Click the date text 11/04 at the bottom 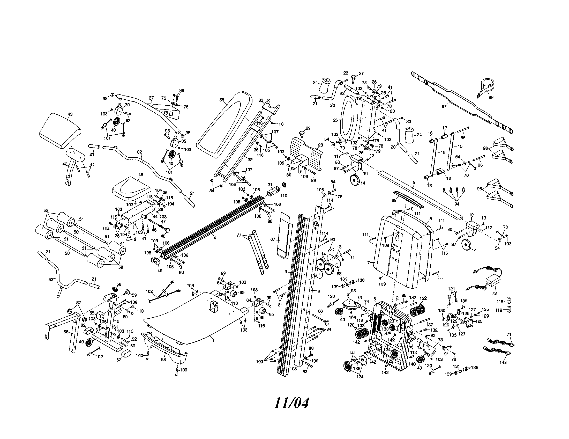291,403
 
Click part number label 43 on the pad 70,114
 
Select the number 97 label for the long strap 444,106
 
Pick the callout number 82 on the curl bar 139,152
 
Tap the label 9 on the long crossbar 414,182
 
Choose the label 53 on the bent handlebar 51,279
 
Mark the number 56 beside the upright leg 66,332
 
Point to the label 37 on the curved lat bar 151,98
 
